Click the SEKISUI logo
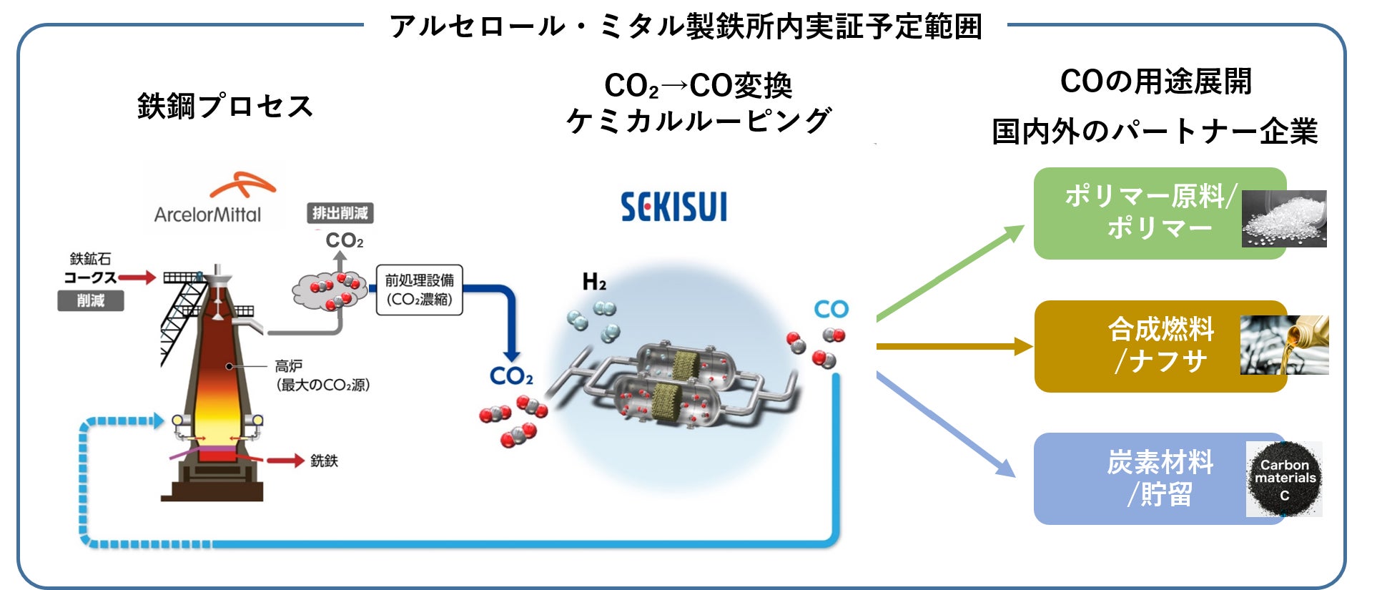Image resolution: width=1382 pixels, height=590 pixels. click(x=673, y=207)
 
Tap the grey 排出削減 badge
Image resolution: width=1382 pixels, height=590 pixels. click(x=340, y=213)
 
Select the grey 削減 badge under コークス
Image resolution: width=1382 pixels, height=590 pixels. click(x=91, y=301)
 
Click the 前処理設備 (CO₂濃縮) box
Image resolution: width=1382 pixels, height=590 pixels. click(x=419, y=290)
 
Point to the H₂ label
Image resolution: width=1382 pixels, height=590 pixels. click(x=594, y=282)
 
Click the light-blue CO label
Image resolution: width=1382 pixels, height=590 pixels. click(x=831, y=310)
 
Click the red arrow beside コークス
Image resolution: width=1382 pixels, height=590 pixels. click(x=137, y=277)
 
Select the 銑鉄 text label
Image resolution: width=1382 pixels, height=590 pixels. click(x=324, y=461)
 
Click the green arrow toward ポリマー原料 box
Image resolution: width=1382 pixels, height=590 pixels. click(x=951, y=272)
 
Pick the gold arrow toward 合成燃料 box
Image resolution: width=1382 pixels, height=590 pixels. click(x=954, y=348)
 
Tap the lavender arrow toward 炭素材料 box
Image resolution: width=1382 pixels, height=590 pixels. click(x=947, y=426)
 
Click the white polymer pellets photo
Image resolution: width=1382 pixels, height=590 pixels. click(x=1284, y=219)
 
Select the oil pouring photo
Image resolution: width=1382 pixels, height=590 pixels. click(x=1284, y=345)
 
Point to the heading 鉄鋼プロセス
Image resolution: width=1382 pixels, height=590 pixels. click(x=225, y=107)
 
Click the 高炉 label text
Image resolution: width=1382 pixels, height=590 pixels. click(x=289, y=366)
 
